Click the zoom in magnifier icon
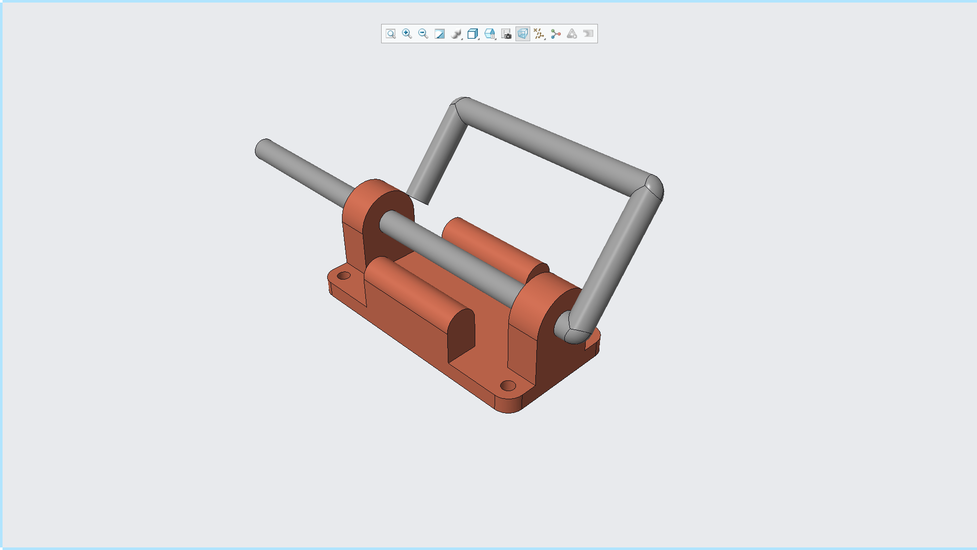pos(407,34)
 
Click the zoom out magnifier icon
pos(423,34)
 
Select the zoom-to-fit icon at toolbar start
pos(390,34)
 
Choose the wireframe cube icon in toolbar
pos(472,34)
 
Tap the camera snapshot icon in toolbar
pos(506,34)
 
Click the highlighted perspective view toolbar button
pos(523,34)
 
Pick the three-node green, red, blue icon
pos(556,34)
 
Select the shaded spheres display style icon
pos(456,34)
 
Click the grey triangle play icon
pos(572,34)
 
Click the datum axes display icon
pos(539,34)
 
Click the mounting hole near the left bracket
pos(344,276)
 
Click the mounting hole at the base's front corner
pos(508,386)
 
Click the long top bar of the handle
pos(555,143)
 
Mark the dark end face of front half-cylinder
pos(461,336)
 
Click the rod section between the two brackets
pos(453,257)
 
